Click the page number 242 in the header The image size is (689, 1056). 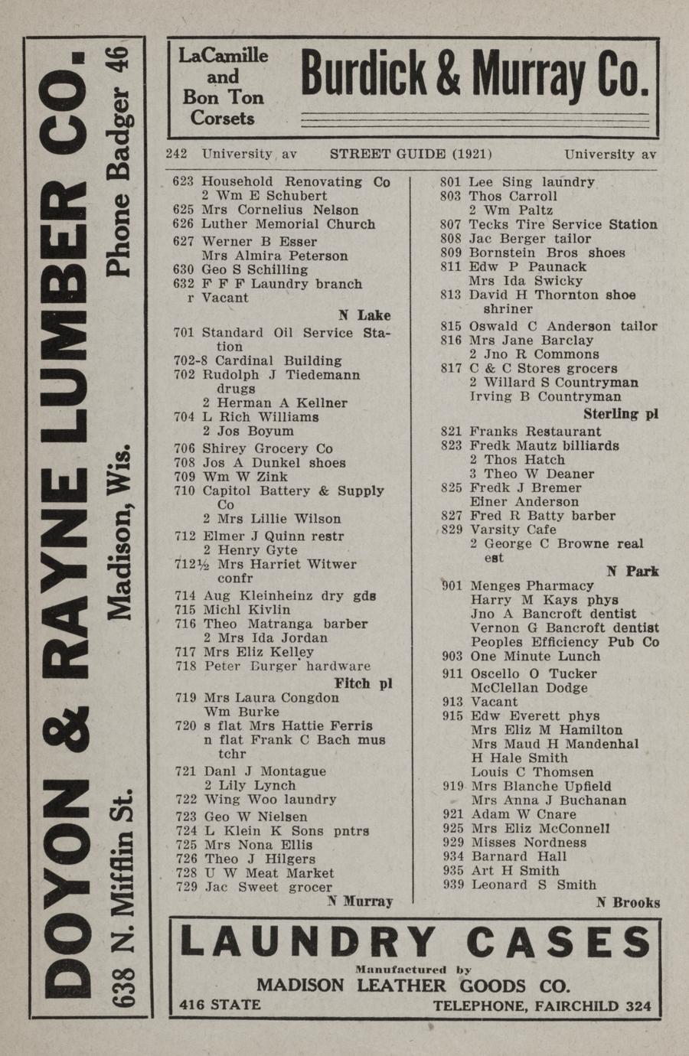(x=176, y=154)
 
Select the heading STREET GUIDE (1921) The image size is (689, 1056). (x=410, y=154)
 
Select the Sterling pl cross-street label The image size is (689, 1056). (x=620, y=414)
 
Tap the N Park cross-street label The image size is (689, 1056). (x=632, y=571)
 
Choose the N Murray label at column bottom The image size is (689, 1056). (x=360, y=901)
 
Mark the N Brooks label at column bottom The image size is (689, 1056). (x=628, y=902)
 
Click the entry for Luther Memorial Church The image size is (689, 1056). (x=288, y=224)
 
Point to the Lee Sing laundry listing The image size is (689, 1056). (x=531, y=182)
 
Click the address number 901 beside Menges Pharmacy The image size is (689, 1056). (x=452, y=586)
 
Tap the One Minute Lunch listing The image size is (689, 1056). (x=534, y=656)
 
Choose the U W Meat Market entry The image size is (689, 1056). (x=268, y=873)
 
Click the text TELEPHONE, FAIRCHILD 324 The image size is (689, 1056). (x=542, y=1005)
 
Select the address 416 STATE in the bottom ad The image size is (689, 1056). (x=220, y=1005)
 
